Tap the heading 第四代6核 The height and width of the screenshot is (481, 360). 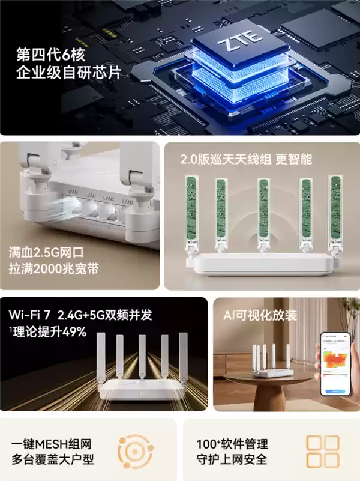click(x=52, y=56)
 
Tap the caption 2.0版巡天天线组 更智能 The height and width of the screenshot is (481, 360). click(x=246, y=160)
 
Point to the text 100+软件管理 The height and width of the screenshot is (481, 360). click(x=232, y=444)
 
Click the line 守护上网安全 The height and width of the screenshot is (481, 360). click(x=232, y=461)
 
